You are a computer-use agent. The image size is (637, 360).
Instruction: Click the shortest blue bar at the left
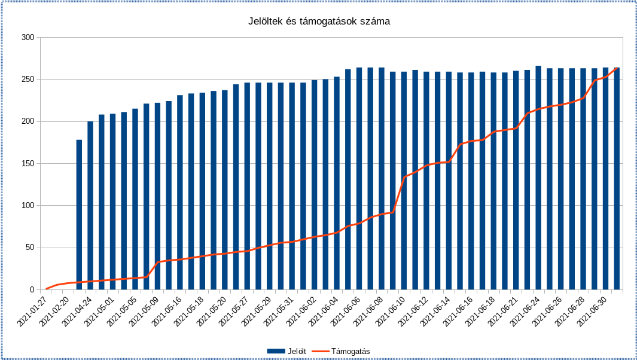pos(79,215)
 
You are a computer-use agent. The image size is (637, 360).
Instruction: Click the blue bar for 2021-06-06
pos(359,179)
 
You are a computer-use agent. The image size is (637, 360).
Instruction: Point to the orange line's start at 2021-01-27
pos(46,289)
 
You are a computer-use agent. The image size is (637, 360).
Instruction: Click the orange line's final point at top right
pos(617,68)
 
